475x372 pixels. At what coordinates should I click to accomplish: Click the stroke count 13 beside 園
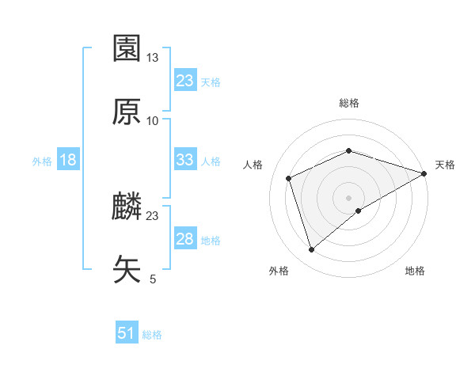pyautogui.click(x=153, y=58)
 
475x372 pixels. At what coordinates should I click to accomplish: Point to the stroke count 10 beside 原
pyautogui.click(x=153, y=120)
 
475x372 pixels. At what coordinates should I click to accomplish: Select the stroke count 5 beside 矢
pyautogui.click(x=153, y=279)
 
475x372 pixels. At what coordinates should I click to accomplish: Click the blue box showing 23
pyautogui.click(x=185, y=80)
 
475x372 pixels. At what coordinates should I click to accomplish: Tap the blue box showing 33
pyautogui.click(x=185, y=160)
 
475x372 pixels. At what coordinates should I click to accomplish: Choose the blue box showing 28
pyautogui.click(x=185, y=239)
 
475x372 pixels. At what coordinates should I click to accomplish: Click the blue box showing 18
pyautogui.click(x=68, y=160)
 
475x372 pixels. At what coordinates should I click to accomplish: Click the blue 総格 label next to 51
pyautogui.click(x=152, y=335)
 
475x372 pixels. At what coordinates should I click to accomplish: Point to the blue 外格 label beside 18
pyautogui.click(x=42, y=161)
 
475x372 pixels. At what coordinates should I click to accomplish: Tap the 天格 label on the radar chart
pyautogui.click(x=445, y=165)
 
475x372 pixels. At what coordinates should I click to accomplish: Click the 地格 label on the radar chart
pyautogui.click(x=415, y=271)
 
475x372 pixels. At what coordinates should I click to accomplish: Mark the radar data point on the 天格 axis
pyautogui.click(x=425, y=173)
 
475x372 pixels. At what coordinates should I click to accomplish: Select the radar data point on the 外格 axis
pyautogui.click(x=311, y=250)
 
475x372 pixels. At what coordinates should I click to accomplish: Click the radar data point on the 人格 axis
pyautogui.click(x=289, y=178)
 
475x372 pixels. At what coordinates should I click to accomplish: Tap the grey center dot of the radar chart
pyautogui.click(x=349, y=197)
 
